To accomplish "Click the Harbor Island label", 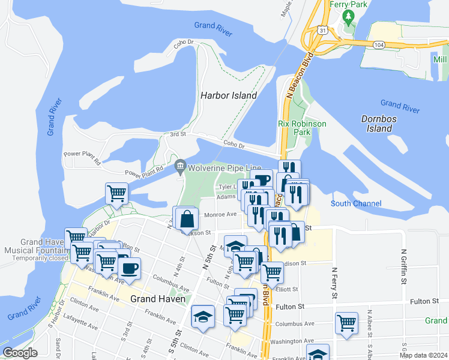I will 228,95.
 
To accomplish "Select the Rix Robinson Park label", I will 302,127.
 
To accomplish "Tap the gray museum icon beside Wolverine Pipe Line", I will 179,166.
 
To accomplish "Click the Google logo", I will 20,353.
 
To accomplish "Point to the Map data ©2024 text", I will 422,354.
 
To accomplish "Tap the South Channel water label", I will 356,204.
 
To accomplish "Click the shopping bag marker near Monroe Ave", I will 186,218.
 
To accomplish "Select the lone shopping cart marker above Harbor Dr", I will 116,193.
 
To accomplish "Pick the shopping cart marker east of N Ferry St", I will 347,323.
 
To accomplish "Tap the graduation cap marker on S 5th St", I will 203,316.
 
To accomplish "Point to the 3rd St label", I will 178,135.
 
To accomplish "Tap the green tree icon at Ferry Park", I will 346,17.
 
